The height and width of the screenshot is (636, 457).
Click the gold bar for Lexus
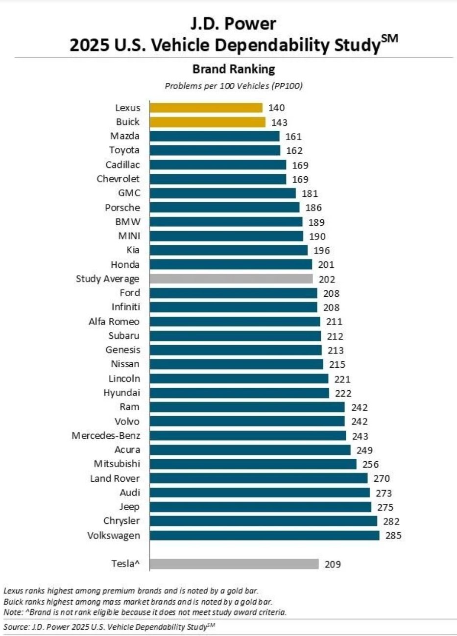click(206, 108)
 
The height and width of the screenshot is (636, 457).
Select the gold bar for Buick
click(207, 122)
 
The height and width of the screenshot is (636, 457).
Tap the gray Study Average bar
click(231, 279)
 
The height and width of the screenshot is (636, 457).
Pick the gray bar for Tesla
click(234, 564)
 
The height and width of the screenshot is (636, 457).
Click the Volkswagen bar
click(264, 535)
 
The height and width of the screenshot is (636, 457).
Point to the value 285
click(393, 535)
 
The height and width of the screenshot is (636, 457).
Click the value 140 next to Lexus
click(276, 108)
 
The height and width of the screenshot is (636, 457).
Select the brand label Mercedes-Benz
click(106, 436)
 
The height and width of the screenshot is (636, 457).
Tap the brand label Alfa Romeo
click(114, 322)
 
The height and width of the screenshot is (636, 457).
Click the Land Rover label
click(115, 478)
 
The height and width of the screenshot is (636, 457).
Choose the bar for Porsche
click(224, 208)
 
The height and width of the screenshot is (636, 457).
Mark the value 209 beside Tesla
click(333, 564)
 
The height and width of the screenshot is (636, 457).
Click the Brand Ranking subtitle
click(234, 69)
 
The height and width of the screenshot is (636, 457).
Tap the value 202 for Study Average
click(327, 279)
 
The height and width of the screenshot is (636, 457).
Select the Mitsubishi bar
click(253, 464)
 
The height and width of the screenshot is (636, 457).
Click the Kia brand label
click(132, 250)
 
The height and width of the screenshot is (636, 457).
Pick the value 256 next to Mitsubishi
click(370, 464)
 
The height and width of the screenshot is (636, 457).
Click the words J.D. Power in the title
click(234, 23)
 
